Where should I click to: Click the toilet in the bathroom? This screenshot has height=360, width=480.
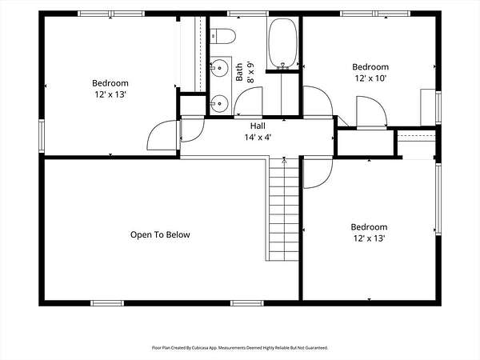(x=222, y=36)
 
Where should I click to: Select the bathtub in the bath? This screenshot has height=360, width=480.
(x=282, y=43)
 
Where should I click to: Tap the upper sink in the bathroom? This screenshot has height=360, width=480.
(x=219, y=68)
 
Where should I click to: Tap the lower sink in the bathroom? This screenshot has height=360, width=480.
(x=219, y=103)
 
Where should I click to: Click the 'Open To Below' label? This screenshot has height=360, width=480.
(x=160, y=234)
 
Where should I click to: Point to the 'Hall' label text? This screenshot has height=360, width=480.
(x=258, y=126)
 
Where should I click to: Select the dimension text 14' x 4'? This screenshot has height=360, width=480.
(x=258, y=138)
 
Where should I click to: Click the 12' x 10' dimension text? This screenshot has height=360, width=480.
(x=370, y=78)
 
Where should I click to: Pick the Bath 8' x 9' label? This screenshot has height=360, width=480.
(x=245, y=72)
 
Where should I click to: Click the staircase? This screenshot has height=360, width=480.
(x=284, y=209)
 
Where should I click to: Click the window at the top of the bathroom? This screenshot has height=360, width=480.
(x=248, y=14)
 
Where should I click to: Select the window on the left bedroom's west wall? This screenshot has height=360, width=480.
(x=42, y=136)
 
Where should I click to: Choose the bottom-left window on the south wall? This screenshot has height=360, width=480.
(x=107, y=303)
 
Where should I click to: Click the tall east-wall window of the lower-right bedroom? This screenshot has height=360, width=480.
(x=438, y=199)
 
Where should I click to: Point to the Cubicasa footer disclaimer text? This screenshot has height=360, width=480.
(x=240, y=348)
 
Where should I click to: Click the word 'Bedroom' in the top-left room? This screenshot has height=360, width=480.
(x=110, y=83)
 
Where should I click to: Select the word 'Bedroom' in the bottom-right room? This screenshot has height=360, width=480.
(x=369, y=227)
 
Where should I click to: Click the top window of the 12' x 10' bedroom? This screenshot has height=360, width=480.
(x=375, y=14)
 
